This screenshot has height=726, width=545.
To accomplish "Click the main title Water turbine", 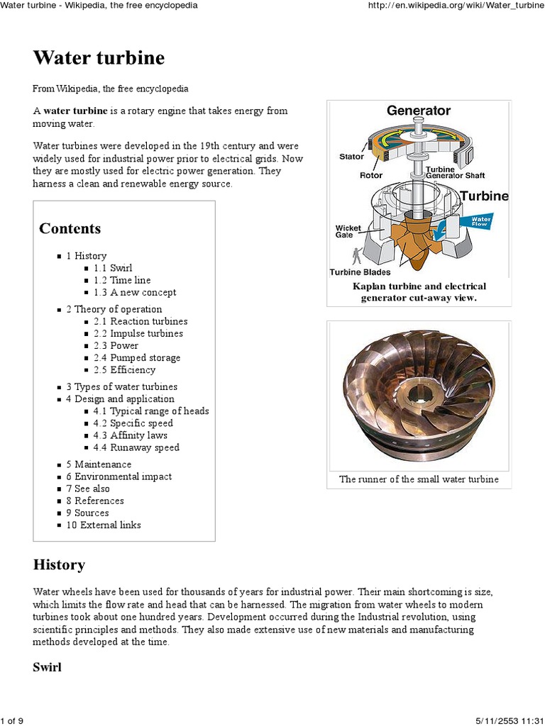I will (99, 58).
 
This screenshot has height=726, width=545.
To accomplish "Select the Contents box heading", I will (70, 228).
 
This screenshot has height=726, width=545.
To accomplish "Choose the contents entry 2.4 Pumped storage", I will (136, 357).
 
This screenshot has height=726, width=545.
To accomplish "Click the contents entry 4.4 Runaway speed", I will (136, 447).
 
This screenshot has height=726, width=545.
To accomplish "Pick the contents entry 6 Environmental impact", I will (119, 476).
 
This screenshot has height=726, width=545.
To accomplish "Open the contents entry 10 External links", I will (104, 525).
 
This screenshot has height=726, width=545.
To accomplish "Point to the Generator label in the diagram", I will (418, 111).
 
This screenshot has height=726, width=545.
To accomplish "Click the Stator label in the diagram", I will (351, 157).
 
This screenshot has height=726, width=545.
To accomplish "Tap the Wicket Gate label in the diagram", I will (348, 231).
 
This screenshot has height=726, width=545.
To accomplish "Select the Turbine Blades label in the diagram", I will (360, 272).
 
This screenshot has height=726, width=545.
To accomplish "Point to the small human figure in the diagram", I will (356, 256).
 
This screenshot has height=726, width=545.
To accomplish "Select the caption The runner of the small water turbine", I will (419, 479).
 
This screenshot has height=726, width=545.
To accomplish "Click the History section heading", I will (59, 564).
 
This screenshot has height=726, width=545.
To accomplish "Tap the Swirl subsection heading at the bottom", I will (48, 667).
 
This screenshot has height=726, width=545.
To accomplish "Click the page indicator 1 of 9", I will (12, 721).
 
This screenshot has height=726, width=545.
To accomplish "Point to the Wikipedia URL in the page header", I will (456, 5).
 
